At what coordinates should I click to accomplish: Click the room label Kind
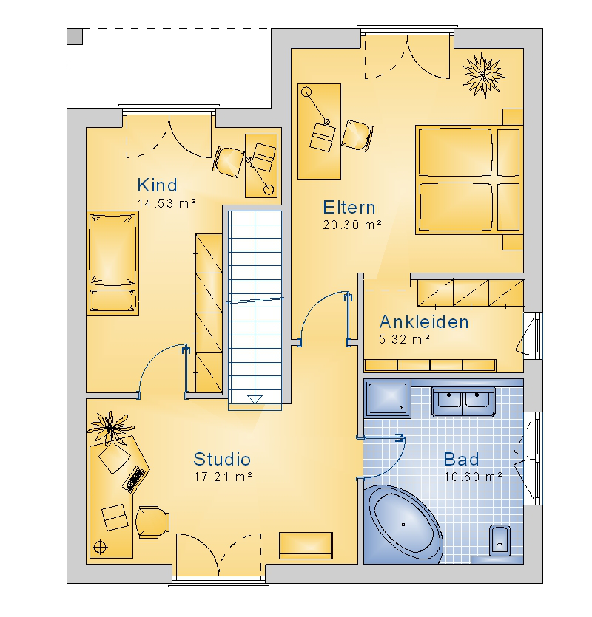[x=157, y=185]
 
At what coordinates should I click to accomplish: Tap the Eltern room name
[x=349, y=208]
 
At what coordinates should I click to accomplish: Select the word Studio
[x=222, y=459]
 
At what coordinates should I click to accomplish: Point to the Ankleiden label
[x=424, y=322]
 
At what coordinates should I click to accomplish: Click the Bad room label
[x=461, y=459]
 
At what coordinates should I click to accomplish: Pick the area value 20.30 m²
[x=352, y=225]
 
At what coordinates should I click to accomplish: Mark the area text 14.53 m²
[x=166, y=203]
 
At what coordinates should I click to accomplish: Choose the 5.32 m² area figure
[x=404, y=339]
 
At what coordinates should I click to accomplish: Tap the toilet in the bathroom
[x=499, y=540]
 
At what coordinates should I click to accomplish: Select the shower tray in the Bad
[x=388, y=398]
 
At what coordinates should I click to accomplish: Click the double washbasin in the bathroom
[x=463, y=402]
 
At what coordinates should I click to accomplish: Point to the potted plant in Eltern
[x=484, y=75]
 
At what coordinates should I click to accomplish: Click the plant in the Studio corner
[x=110, y=428]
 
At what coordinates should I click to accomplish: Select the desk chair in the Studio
[x=152, y=522]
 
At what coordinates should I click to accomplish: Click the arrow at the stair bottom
[x=255, y=399]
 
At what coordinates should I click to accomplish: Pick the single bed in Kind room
[x=112, y=263]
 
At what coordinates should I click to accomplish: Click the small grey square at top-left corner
[x=75, y=37]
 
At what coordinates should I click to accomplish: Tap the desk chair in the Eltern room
[x=357, y=134]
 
